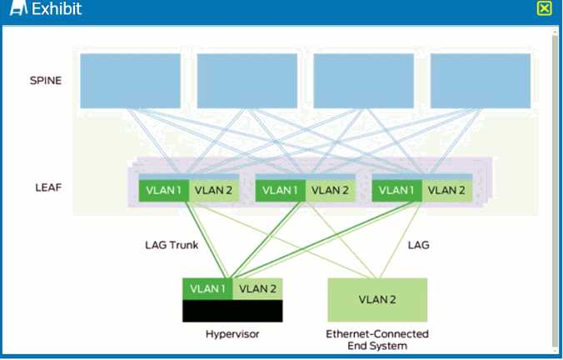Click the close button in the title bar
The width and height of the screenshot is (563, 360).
coord(544,8)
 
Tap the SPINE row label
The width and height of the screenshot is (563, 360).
coord(45,81)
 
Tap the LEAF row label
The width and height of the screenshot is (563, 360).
coord(45,187)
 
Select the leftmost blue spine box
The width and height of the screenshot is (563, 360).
coord(131,81)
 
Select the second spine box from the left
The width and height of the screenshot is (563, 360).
coord(247,81)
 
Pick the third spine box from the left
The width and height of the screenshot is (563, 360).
coord(364,81)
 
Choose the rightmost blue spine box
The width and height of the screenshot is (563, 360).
coord(481,81)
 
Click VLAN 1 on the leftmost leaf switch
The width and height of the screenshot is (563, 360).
coord(163,190)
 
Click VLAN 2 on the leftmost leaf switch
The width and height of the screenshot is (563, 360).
coord(212,190)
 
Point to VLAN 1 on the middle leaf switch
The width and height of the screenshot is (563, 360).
coord(280,190)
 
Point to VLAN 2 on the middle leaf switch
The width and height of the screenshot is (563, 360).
coord(329,190)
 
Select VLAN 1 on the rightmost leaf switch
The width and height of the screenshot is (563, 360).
coord(396,190)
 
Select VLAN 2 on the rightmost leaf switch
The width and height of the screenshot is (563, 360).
coord(446,190)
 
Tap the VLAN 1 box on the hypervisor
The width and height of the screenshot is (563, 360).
coord(207,288)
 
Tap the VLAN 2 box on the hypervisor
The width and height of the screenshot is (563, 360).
coord(257,288)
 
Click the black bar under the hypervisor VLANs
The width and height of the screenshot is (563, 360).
coord(232,311)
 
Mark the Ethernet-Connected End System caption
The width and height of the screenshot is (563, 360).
coord(377,339)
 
